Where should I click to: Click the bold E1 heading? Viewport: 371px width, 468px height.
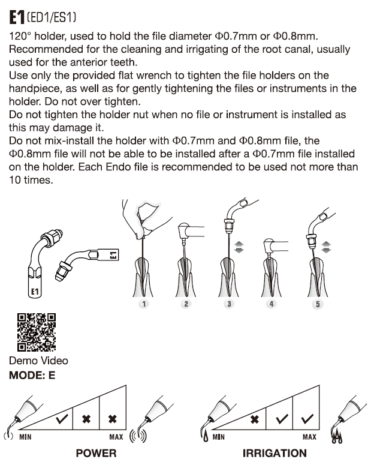coord(17,17)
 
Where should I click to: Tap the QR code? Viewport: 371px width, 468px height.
coord(37,332)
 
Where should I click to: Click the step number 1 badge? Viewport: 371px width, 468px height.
coord(144,304)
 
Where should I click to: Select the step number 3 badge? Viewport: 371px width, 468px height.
coord(229,304)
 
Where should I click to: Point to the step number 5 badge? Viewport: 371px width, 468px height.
coord(318,304)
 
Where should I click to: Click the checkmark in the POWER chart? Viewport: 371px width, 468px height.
coord(62,419)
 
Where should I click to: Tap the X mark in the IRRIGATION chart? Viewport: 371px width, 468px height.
coord(254,419)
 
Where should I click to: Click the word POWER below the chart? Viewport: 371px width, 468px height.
coord(96,453)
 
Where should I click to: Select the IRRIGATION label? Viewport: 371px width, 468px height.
coord(275,453)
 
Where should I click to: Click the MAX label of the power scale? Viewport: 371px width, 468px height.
coord(116,437)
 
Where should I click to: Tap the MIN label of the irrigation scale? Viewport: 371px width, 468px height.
coord(218,437)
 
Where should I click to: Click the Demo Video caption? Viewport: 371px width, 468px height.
coord(38,361)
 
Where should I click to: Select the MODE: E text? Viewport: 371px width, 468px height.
coord(32,375)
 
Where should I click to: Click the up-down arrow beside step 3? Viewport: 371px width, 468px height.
coord(239,247)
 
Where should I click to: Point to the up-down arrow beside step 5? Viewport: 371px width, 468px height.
coord(326,247)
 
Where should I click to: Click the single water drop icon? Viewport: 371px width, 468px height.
coord(206,437)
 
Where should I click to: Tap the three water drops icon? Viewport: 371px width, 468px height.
coord(337,437)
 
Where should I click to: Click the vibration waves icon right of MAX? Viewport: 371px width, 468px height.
coord(138,436)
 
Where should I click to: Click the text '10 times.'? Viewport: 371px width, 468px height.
coord(31,180)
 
